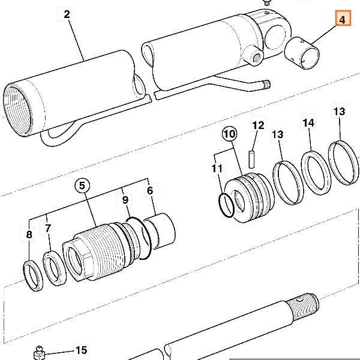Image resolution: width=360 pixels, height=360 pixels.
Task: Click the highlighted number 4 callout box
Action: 343,20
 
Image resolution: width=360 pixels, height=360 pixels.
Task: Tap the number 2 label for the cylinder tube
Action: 67,14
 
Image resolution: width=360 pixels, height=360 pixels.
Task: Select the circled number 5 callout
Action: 82,186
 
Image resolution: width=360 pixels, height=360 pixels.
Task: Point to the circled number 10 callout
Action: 229,133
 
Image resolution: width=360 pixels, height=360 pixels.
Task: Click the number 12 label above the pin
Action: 258,126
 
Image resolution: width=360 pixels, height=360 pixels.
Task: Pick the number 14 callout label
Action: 308,123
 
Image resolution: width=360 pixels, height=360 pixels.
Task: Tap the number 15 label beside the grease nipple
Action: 81,350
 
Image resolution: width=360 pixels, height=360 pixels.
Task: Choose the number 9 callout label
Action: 125,199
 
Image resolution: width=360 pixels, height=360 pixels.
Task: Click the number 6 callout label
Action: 150,191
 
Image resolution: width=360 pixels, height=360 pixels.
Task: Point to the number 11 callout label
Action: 217,169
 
